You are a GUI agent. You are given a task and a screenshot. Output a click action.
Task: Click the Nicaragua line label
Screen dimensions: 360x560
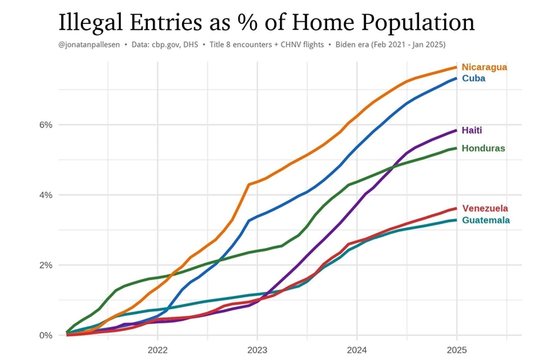click(x=484, y=67)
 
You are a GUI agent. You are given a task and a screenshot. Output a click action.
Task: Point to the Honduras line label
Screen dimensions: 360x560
click(x=483, y=149)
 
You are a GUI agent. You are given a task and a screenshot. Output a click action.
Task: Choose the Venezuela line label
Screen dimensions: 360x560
click(x=485, y=208)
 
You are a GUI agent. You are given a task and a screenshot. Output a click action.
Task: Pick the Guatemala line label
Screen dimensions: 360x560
click(x=486, y=220)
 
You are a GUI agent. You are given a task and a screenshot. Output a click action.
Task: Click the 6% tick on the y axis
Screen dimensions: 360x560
click(x=46, y=125)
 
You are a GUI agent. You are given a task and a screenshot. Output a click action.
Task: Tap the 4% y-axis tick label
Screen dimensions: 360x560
click(x=46, y=196)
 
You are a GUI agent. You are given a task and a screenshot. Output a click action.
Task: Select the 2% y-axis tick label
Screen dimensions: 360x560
click(x=46, y=266)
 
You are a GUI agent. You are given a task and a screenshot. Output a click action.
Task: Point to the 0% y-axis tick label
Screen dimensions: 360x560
click(x=46, y=336)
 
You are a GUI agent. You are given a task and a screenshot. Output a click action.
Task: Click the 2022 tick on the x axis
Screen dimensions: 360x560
click(x=158, y=350)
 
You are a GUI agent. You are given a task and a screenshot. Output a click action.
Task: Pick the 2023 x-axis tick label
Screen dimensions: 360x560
click(x=258, y=350)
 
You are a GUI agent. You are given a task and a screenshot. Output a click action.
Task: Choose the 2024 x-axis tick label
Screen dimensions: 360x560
click(x=357, y=350)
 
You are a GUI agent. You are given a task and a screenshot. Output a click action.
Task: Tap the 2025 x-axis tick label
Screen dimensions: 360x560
click(x=457, y=350)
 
